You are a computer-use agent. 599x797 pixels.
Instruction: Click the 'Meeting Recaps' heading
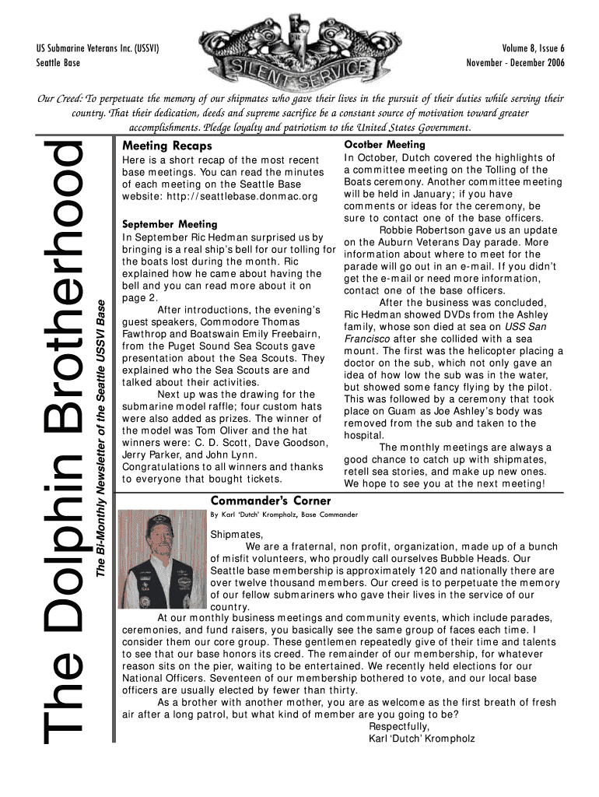pos(167,146)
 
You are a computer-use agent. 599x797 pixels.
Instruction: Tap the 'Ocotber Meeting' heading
pos(384,145)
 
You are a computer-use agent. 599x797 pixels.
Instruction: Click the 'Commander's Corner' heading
pos(271,500)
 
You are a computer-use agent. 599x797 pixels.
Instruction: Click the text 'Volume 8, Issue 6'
pos(527,48)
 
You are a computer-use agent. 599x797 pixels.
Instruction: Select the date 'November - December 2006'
pos(515,62)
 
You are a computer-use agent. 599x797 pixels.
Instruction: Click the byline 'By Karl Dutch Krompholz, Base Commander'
pos(284,515)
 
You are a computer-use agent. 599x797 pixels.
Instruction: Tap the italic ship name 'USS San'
pos(527,326)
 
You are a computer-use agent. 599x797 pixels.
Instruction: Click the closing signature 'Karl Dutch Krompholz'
pos(421,739)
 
